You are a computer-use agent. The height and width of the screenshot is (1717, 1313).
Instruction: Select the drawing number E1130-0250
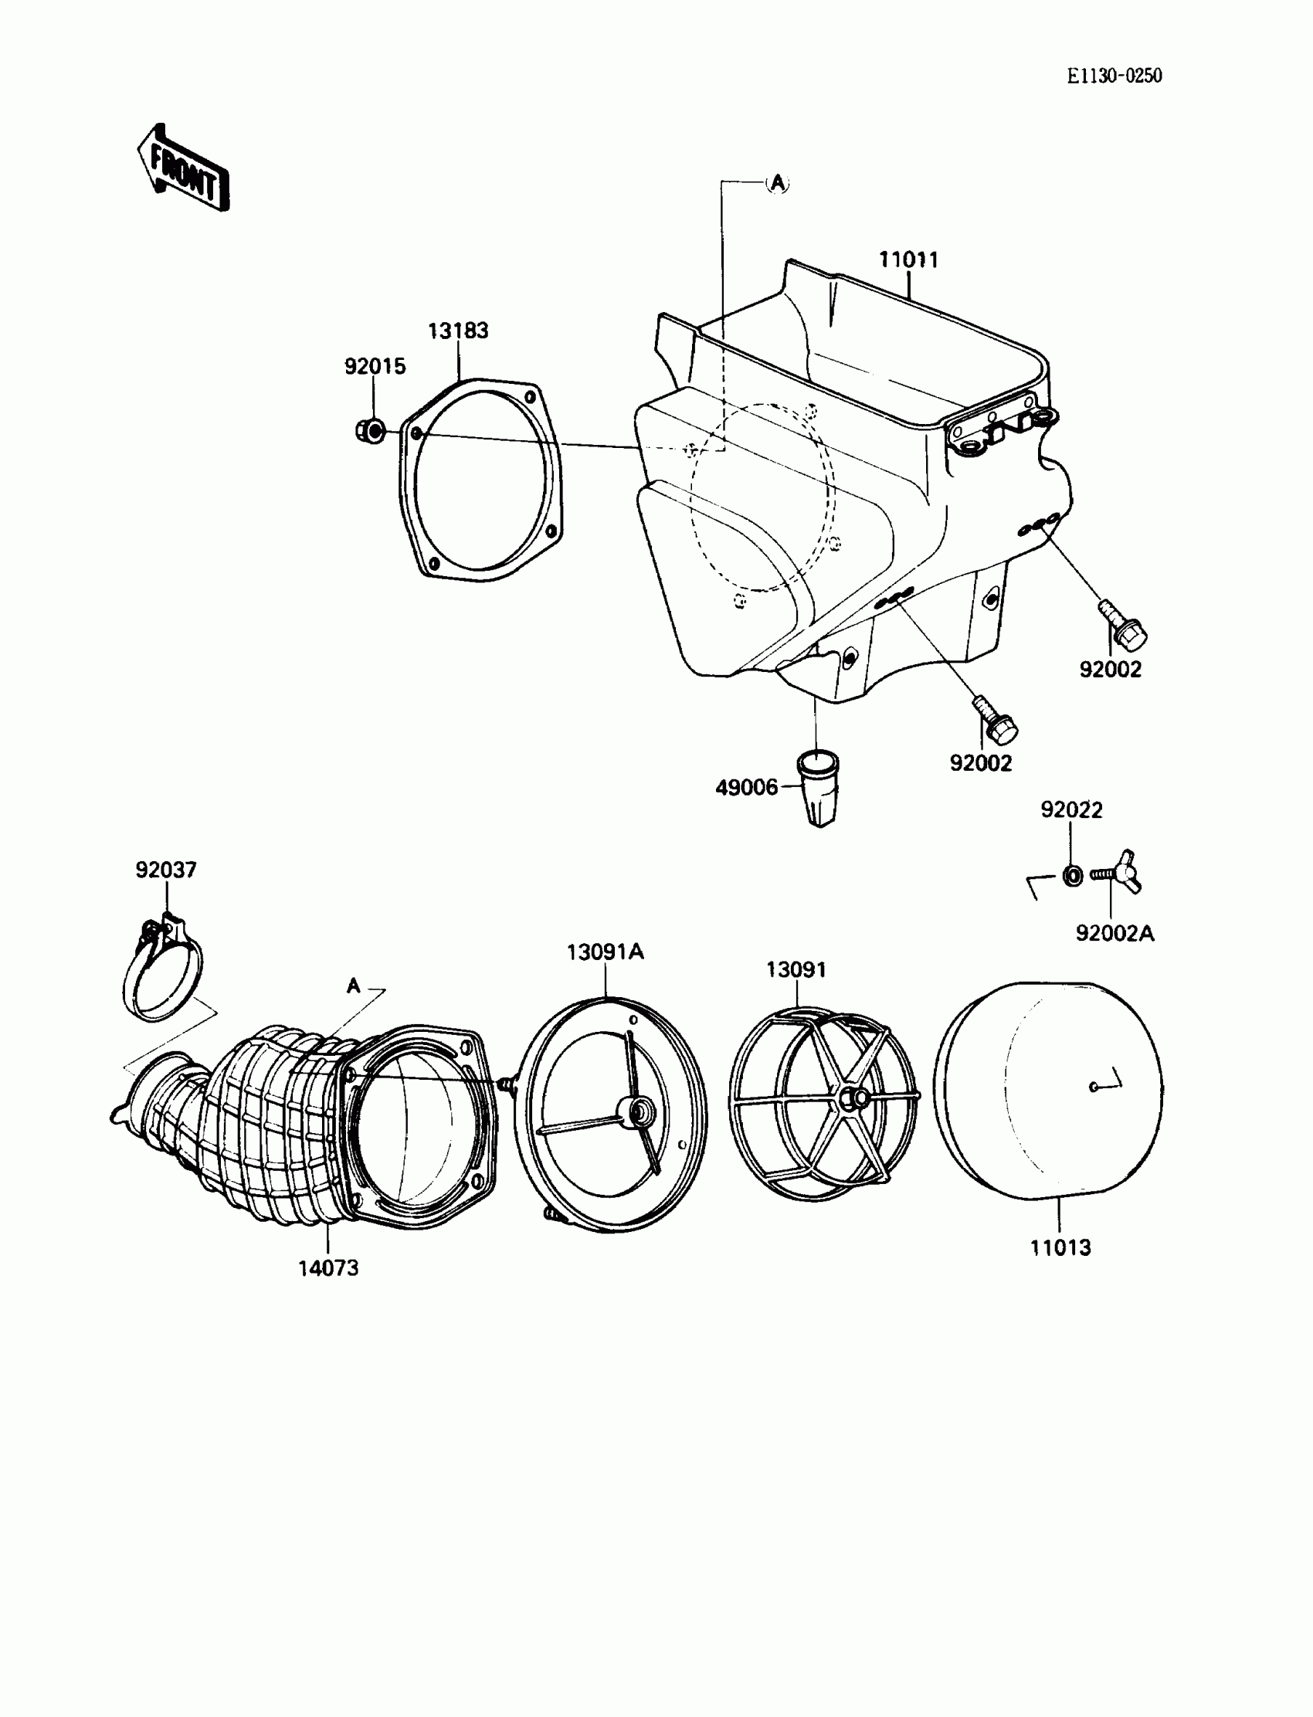coord(1115,76)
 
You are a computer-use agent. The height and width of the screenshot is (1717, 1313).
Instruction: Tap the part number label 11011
coord(908,260)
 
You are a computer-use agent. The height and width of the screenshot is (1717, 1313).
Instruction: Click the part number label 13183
coord(458,331)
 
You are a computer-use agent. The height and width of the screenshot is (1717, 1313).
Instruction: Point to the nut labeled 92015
coord(369,430)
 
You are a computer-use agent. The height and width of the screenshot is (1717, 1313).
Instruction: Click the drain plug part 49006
coord(817,786)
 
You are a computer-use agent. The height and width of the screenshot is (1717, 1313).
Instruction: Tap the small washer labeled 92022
coord(1073,876)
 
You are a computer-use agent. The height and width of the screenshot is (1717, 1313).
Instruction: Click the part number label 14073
coord(328,1267)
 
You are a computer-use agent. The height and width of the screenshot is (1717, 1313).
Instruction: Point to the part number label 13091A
coord(605,952)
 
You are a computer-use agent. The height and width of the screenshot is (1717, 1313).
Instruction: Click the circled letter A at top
coord(778,183)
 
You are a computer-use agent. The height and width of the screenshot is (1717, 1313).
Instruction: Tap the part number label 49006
coord(746,787)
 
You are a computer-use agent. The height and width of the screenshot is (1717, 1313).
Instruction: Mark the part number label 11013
coord(1060,1247)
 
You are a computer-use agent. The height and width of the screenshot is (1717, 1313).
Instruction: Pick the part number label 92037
coord(166,870)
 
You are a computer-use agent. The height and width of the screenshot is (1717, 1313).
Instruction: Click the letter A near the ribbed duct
coord(354,986)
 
